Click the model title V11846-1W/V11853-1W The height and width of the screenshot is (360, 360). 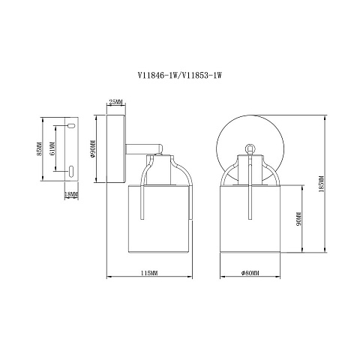point(179,75)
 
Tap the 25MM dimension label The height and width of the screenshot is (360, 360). point(116,102)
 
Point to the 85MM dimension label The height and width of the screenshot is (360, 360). point(39,149)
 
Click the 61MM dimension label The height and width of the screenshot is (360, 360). point(52,149)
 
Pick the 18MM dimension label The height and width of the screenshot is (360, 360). point(71,194)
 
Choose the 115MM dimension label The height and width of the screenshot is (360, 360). point(149,273)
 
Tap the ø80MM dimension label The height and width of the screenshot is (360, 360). point(250,273)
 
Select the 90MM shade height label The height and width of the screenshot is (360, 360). point(298,219)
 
